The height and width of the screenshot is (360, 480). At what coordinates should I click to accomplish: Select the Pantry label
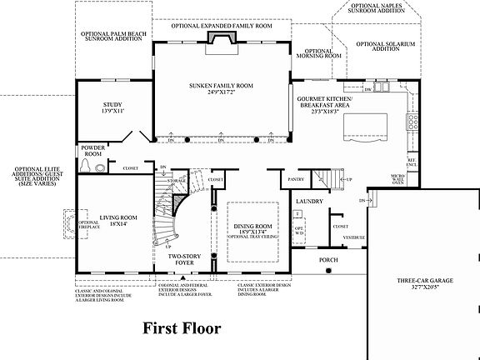pyautogui.click(x=295, y=178)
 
